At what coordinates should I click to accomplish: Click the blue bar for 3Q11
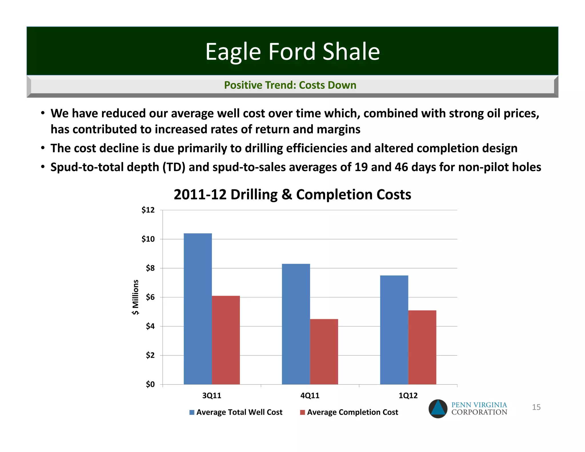point(198,309)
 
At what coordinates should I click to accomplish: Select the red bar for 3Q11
point(226,340)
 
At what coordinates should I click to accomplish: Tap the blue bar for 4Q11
point(296,324)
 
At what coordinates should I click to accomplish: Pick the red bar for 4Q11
point(324,351)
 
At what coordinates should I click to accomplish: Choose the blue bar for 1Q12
point(394,330)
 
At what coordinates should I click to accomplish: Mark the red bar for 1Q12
point(422,347)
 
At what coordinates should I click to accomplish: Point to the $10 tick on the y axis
point(148,239)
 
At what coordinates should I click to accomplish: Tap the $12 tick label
point(148,210)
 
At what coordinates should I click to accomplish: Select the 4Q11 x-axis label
point(310,395)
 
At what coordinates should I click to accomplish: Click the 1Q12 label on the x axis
point(408,395)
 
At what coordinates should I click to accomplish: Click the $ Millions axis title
point(135,297)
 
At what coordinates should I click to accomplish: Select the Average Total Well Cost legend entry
point(236,412)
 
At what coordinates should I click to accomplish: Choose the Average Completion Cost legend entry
point(349,412)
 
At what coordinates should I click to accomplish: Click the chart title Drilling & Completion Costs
point(292,195)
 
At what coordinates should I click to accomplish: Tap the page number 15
point(536,407)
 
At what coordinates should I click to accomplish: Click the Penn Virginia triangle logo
point(438,409)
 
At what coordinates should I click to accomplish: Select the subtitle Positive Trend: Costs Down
point(290,85)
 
